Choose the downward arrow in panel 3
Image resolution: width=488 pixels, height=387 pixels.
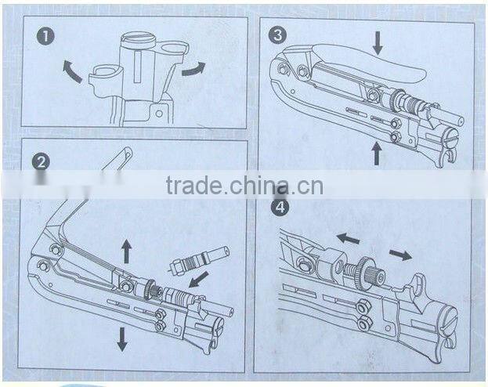tap(378, 42)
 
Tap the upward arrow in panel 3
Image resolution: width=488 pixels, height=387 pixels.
tap(377, 152)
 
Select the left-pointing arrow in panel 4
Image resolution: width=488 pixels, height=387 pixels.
tap(348, 237)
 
